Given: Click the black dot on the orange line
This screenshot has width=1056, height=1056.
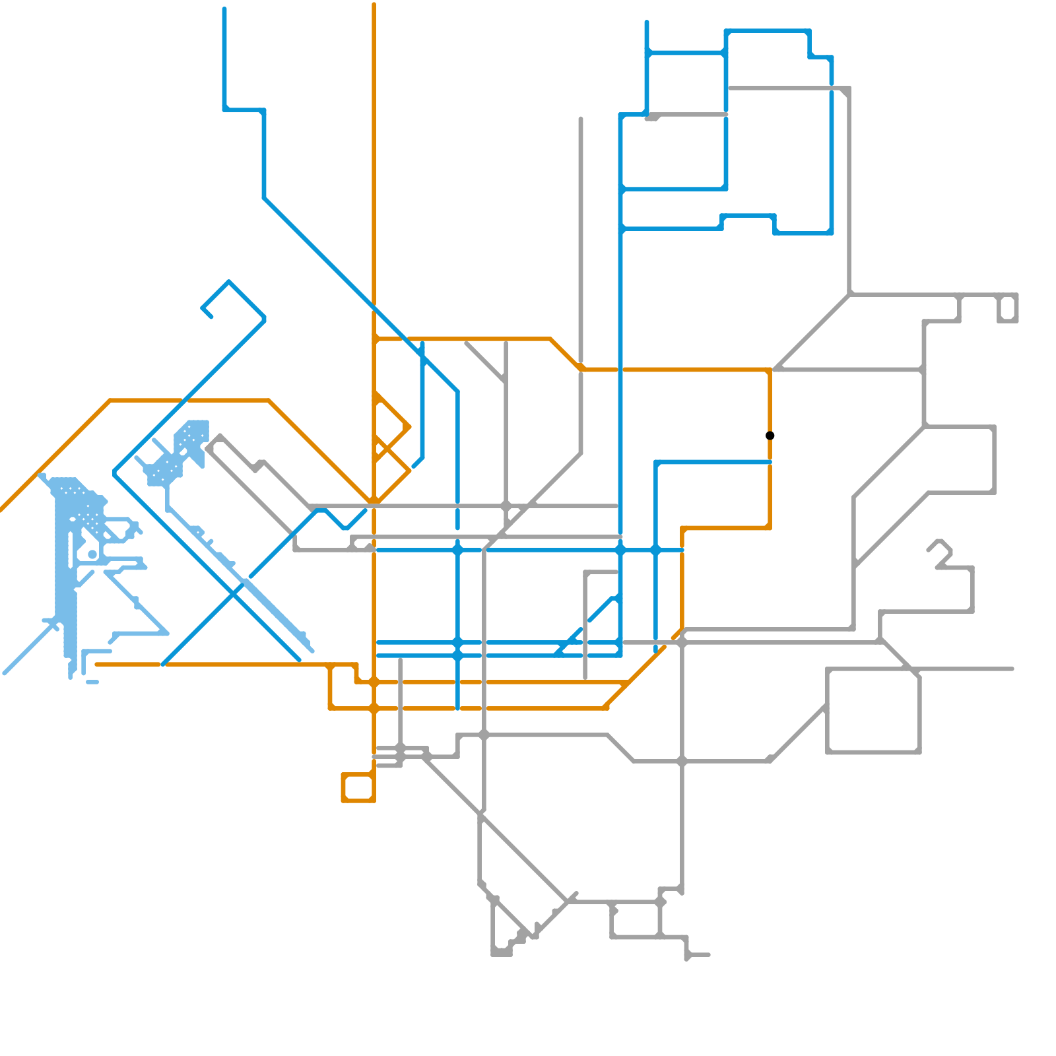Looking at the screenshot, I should [770, 436].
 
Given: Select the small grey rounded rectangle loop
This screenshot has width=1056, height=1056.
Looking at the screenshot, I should [1008, 309].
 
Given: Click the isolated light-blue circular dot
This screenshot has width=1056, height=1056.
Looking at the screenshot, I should [92, 554].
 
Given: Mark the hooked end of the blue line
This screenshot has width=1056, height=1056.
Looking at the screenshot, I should [211, 316].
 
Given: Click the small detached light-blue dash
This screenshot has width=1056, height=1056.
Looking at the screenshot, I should [92, 682].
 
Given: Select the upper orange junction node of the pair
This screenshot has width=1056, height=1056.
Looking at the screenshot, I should [374, 682].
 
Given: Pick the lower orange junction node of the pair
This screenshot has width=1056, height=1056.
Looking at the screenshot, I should [374, 708].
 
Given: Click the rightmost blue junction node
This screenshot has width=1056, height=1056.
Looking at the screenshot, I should [655, 550].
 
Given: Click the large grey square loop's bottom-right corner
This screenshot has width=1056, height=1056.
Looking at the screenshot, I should [919, 751].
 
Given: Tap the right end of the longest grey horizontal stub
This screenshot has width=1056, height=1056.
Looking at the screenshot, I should [1012, 669].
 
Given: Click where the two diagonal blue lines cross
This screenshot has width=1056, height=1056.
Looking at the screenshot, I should [232, 593].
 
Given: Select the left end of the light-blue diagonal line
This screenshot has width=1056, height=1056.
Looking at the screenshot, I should [5, 673].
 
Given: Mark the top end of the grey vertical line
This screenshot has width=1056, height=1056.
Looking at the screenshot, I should [581, 119].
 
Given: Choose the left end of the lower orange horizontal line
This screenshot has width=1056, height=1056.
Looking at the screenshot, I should [97, 665].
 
